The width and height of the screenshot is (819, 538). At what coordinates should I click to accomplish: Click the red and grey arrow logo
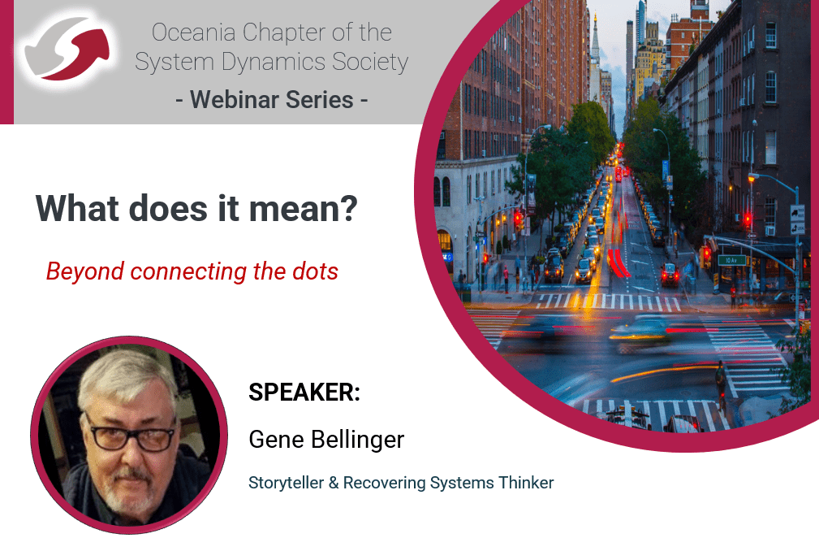[67, 48]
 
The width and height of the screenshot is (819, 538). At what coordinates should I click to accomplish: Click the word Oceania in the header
[193, 33]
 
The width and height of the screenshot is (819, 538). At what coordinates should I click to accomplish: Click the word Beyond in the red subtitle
[85, 272]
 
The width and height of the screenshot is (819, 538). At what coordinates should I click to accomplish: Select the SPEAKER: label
[304, 392]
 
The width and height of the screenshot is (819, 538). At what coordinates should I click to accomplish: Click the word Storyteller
[287, 483]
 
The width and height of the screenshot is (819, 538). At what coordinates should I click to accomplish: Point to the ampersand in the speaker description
[334, 483]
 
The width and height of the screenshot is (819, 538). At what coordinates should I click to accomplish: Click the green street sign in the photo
[732, 260]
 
